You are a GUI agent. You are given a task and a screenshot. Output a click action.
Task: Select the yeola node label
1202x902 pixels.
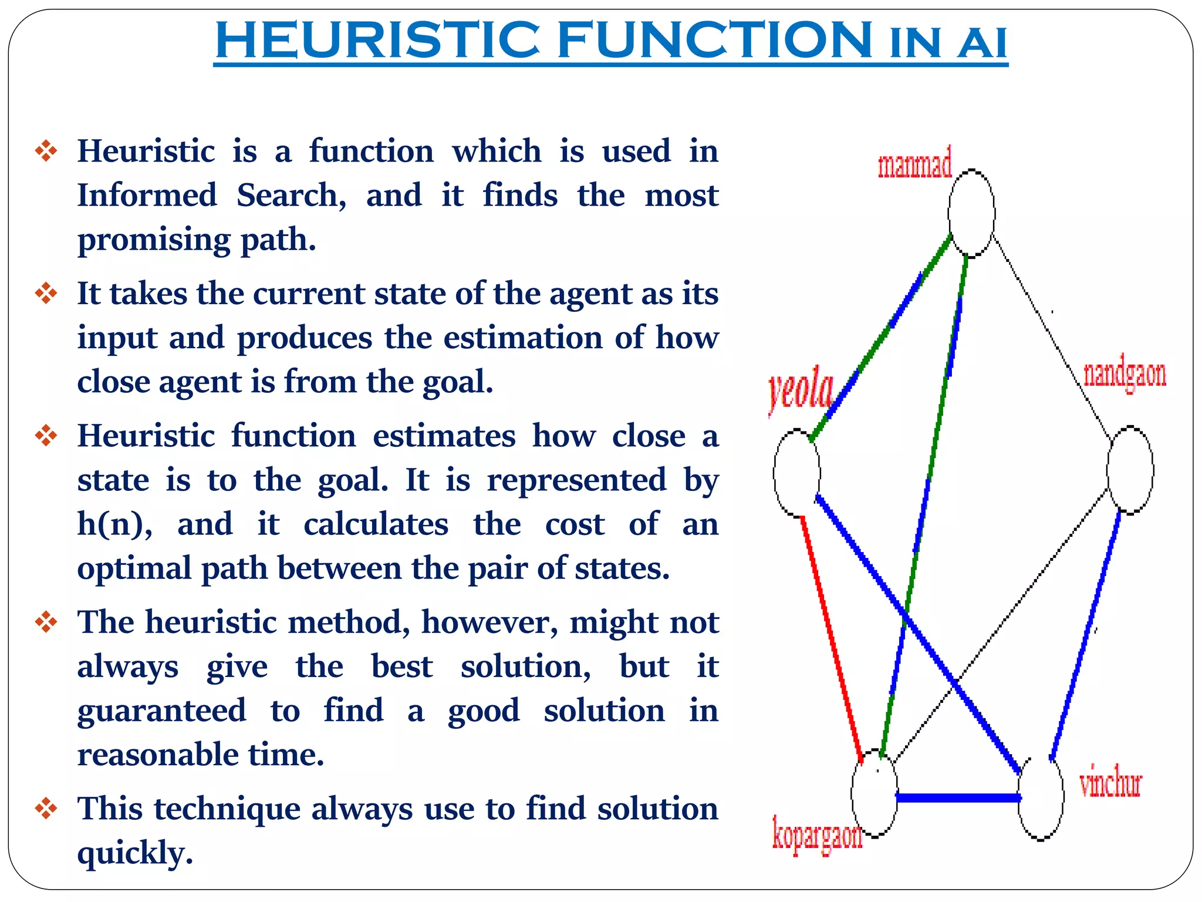click(x=801, y=390)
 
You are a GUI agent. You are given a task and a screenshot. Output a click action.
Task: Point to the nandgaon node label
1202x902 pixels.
click(x=1125, y=375)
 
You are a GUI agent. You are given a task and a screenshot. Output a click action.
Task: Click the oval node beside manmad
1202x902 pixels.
click(x=971, y=213)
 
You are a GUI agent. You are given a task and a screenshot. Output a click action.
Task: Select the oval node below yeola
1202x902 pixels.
click(x=796, y=473)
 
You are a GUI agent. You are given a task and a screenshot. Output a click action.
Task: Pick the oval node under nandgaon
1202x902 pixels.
click(x=1130, y=470)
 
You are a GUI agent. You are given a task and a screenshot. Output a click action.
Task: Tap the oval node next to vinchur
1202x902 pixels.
click(x=1041, y=799)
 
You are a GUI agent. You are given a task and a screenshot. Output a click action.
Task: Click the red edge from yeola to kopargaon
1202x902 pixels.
click(x=831, y=637)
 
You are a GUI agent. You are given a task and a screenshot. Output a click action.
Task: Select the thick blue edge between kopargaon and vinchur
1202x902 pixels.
click(x=958, y=797)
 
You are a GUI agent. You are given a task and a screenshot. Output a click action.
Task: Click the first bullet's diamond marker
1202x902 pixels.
click(x=46, y=151)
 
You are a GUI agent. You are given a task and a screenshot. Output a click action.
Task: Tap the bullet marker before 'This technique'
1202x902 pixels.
click(x=46, y=809)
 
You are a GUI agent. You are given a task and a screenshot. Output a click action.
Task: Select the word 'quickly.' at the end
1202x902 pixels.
click(x=135, y=853)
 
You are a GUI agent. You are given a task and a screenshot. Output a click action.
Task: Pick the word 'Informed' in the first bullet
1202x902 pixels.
click(x=147, y=196)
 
